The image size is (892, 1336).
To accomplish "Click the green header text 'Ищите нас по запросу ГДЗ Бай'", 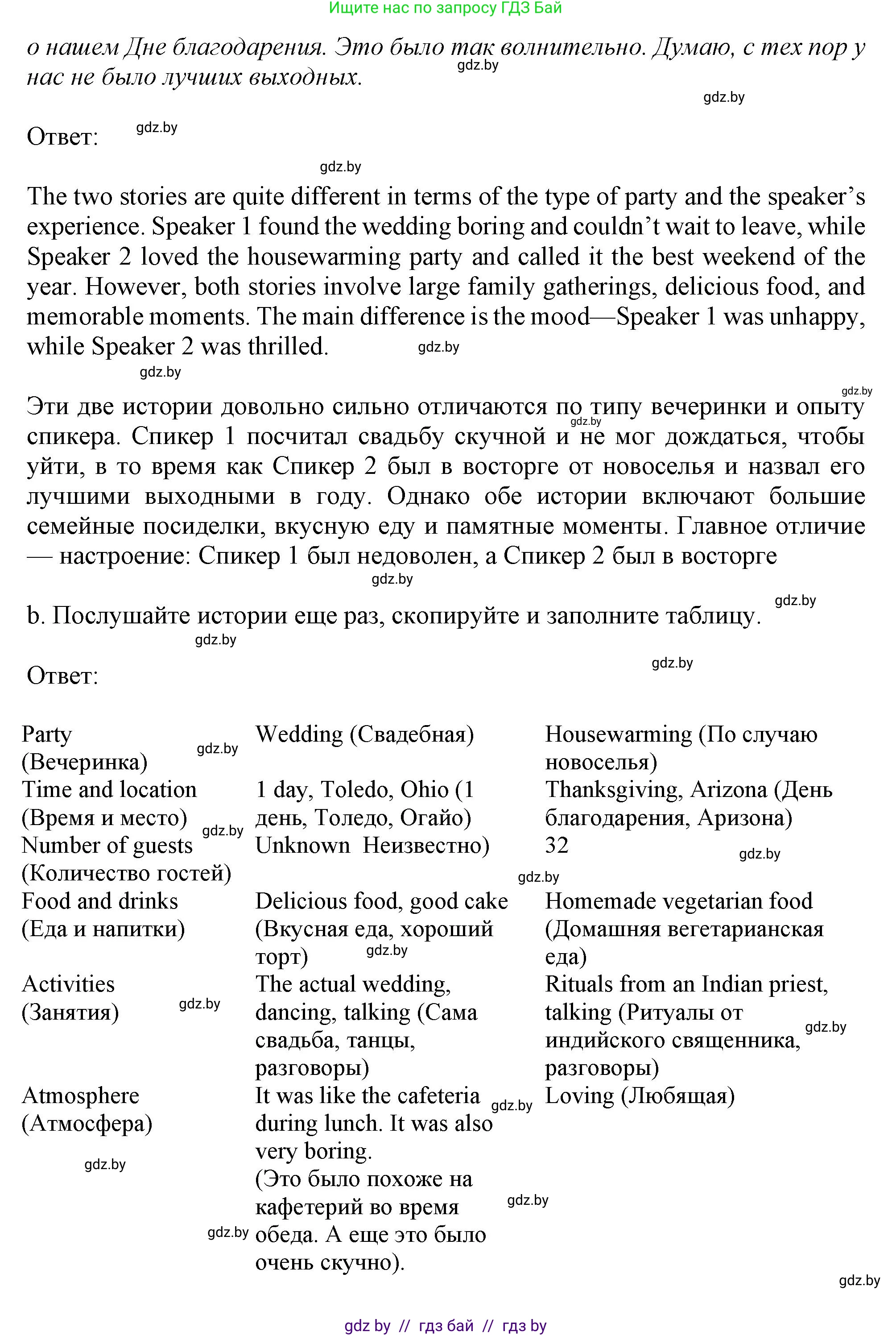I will pyautogui.click(x=446, y=8).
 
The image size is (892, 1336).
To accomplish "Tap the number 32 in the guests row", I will pyautogui.click(x=556, y=846).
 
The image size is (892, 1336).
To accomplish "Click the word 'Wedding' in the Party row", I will pyautogui.click(x=299, y=734).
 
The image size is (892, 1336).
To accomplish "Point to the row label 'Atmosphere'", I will pyautogui.click(x=80, y=1096).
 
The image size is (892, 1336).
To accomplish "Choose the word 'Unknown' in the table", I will pyautogui.click(x=303, y=846).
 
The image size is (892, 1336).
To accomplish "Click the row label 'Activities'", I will pyautogui.click(x=68, y=984).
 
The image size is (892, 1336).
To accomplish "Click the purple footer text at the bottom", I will pyautogui.click(x=446, y=1326).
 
